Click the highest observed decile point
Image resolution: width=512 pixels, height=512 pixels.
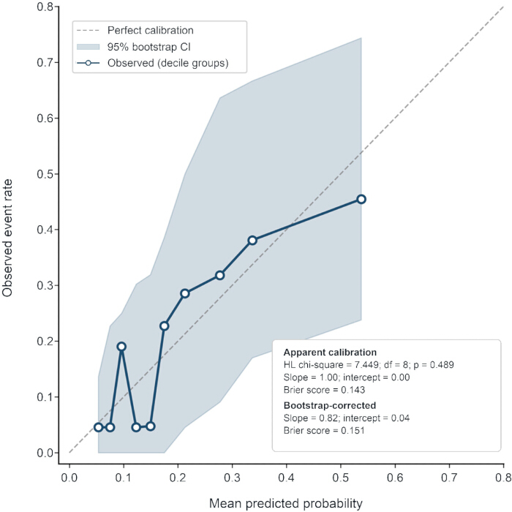(361, 199)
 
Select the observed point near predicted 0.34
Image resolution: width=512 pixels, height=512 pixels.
(252, 241)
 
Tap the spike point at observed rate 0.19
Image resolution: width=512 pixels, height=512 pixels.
(121, 347)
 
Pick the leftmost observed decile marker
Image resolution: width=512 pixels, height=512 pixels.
(98, 427)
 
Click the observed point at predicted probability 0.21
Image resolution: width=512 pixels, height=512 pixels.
(185, 293)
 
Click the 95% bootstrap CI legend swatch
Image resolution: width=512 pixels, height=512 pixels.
(88, 47)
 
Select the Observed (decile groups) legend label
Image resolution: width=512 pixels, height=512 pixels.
(167, 63)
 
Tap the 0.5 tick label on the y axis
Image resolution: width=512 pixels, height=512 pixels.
(45, 174)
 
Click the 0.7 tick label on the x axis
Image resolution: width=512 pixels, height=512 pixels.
(449, 478)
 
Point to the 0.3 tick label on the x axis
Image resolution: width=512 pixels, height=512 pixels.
(232, 478)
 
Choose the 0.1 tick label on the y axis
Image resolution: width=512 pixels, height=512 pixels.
(45, 397)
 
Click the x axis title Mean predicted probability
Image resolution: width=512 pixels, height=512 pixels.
(286, 503)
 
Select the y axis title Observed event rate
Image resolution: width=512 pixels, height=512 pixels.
(7, 238)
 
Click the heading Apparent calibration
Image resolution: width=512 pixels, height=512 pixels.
(330, 353)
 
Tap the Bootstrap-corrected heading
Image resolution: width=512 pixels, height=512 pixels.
(330, 405)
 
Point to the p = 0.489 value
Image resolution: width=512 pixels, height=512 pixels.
(434, 365)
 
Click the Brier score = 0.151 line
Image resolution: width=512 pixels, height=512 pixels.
(324, 430)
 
